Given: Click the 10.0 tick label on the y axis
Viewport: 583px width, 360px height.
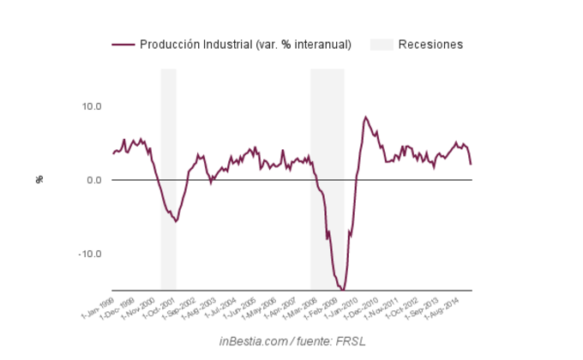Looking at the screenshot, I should tap(90, 106).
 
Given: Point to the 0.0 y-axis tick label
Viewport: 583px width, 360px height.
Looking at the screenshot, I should tap(93, 180).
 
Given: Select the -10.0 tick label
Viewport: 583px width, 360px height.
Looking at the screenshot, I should tap(89, 254).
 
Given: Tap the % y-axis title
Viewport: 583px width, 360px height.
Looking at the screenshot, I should tap(39, 179).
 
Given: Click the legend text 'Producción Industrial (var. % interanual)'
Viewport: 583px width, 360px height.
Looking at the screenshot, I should tap(245, 45).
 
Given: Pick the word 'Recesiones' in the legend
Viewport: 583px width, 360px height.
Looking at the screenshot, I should tap(430, 45).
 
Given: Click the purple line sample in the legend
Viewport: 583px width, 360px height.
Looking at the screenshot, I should tap(123, 45).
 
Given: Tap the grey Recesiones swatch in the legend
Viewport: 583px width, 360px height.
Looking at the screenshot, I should tap(382, 45).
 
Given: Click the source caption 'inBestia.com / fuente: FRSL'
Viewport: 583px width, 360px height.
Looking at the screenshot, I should tap(292, 341).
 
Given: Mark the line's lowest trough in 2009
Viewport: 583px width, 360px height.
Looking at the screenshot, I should tap(342, 290).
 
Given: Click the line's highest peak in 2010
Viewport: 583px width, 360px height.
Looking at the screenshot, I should tap(365, 117).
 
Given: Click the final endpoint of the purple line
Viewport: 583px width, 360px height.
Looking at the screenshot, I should tap(471, 164).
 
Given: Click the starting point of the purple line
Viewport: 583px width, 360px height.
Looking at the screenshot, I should tap(112, 154).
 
